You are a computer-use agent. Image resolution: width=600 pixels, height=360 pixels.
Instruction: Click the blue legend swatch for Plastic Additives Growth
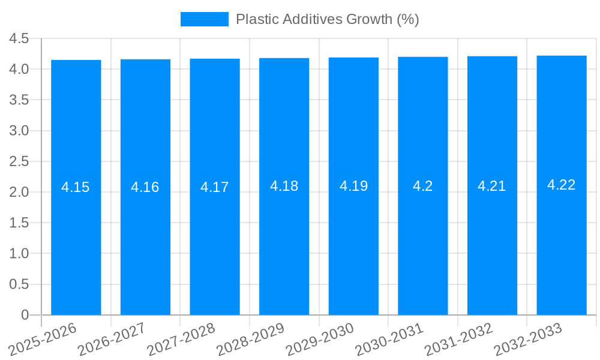point(204,19)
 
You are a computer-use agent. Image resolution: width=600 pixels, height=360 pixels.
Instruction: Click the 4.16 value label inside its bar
point(145,187)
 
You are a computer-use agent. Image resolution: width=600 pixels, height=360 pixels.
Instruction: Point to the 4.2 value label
point(422,186)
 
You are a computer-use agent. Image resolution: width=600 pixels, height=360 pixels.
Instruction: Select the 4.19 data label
point(353,186)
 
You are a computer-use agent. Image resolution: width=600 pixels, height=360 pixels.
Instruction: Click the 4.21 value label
point(492,186)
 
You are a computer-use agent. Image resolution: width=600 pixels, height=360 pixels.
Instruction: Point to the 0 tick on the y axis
point(25,315)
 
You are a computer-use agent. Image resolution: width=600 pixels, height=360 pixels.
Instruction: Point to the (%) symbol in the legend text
point(408,19)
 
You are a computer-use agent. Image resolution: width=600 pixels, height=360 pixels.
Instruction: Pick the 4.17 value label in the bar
point(215,187)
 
